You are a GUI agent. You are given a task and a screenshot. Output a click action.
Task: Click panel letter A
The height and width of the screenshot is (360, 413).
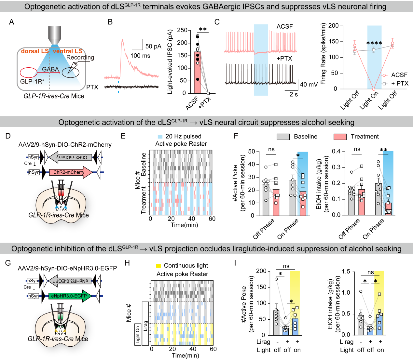click(12, 22)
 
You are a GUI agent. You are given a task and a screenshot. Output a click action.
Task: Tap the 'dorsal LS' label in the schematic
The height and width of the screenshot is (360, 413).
click(35, 51)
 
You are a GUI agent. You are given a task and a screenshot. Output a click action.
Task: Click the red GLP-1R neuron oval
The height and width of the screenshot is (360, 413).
click(29, 73)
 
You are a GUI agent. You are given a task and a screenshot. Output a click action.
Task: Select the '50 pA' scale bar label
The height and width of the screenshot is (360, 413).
click(153, 46)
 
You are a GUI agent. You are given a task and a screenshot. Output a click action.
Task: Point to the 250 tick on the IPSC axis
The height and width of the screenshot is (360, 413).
click(182, 30)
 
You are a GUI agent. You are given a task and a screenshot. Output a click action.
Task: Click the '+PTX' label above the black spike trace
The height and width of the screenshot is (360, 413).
click(284, 59)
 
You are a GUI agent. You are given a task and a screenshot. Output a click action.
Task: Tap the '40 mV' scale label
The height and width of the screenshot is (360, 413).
click(309, 85)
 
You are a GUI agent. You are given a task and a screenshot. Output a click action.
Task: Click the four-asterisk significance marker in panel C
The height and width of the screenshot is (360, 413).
click(374, 43)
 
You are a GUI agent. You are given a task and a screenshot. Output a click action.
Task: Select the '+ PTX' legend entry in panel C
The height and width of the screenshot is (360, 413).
click(399, 84)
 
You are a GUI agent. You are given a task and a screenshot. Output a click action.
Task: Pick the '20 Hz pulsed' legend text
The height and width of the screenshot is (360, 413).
click(183, 136)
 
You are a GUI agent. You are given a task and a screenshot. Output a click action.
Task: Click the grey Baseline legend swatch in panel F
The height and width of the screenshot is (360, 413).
click(283, 137)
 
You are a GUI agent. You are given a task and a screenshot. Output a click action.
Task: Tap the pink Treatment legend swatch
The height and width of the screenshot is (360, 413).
click(340, 137)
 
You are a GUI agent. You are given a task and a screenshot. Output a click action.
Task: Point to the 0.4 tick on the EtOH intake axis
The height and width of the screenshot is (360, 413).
click(336, 151)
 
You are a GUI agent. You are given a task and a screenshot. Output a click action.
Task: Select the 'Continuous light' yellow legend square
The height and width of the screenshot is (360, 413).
click(158, 266)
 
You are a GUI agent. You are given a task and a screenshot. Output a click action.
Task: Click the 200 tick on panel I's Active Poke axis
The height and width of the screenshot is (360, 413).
click(261, 271)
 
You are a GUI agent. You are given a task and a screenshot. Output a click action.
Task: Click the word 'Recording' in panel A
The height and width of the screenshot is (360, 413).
click(80, 58)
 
